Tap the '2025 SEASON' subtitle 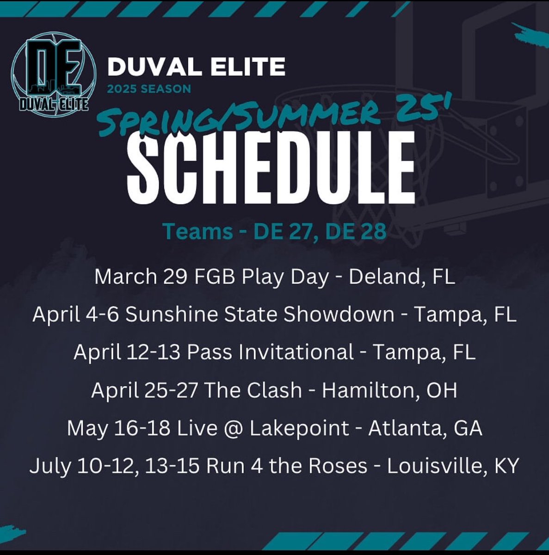(x=149, y=88)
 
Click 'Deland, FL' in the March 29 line (x=401, y=277)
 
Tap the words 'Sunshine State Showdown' (x=260, y=314)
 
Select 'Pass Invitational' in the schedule (x=270, y=352)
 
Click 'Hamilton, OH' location (x=389, y=390)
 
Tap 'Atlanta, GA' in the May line (x=425, y=428)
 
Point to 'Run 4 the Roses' (x=287, y=466)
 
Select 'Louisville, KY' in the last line (x=453, y=466)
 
